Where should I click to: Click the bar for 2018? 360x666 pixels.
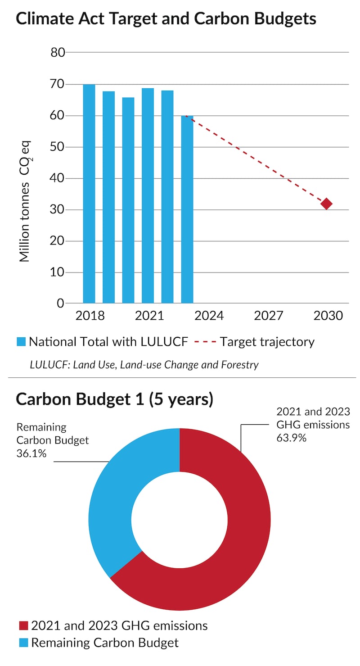[x=89, y=194]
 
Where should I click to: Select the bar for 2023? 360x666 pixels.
[x=187, y=209]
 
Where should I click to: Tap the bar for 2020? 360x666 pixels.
[x=128, y=200]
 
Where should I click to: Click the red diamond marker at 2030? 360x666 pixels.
[x=326, y=204]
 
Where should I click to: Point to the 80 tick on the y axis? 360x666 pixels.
[x=58, y=53]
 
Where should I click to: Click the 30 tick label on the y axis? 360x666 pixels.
[x=58, y=210]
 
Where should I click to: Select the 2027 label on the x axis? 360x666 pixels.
[x=268, y=316]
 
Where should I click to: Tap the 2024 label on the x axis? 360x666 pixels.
[x=209, y=316]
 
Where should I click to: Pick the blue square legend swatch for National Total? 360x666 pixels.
[x=21, y=342]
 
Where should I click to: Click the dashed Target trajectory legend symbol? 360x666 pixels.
[x=205, y=342]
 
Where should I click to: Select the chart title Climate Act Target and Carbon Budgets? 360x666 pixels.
[x=166, y=19]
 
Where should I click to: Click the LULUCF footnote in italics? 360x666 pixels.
[x=144, y=364]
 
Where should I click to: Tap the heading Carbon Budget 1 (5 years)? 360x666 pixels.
[x=114, y=399]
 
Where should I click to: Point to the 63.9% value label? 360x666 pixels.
[x=291, y=437]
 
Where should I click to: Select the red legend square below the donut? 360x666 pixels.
[x=23, y=625]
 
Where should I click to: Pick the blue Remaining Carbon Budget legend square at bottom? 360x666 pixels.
[x=23, y=643]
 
